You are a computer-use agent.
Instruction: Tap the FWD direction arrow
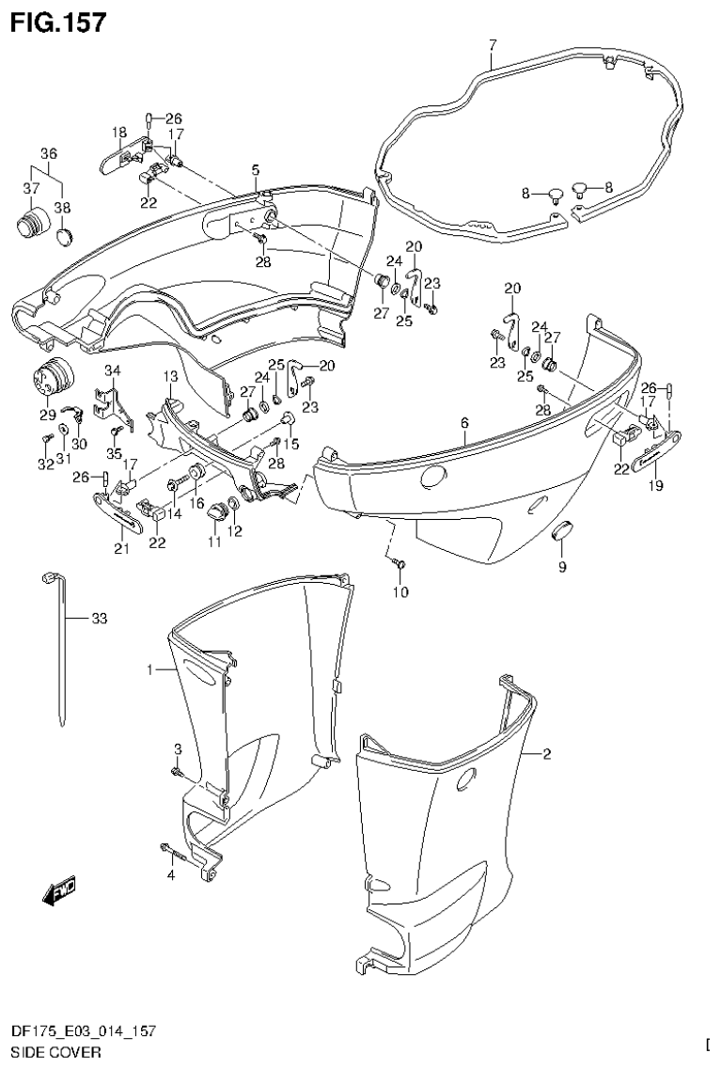pos(58,891)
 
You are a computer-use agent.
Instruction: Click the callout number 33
pos(100,619)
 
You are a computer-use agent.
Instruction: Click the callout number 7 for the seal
pos(492,45)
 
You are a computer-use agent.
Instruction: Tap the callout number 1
pos(149,670)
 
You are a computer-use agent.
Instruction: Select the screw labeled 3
pos(177,772)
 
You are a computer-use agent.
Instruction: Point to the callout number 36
pos(49,153)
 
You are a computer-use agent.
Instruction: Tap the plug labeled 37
pos(31,226)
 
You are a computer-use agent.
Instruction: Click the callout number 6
pos(464,424)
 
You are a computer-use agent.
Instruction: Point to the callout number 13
pos(170,376)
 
